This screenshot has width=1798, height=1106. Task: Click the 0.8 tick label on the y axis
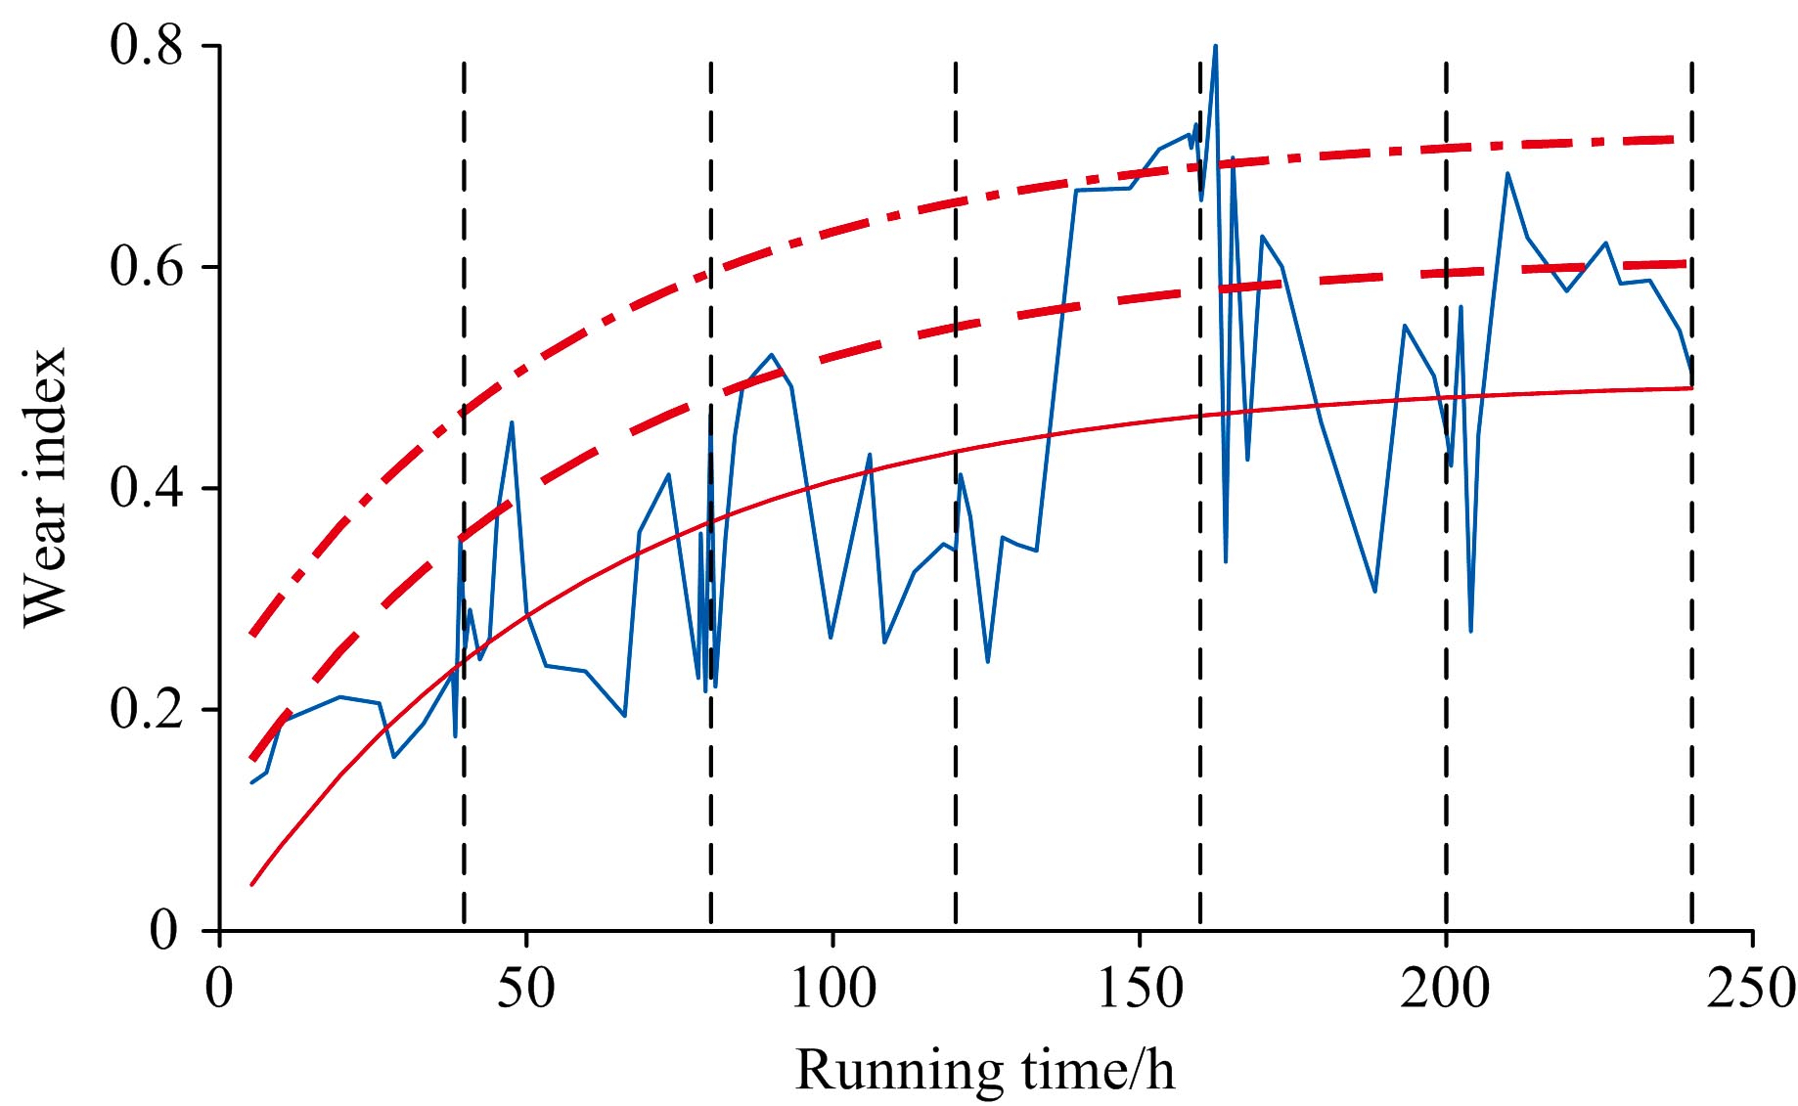(x=147, y=46)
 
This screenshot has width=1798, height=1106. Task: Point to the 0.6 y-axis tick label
(x=147, y=267)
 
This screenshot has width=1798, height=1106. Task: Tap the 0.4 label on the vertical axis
(x=147, y=488)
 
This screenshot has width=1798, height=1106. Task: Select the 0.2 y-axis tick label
(x=147, y=709)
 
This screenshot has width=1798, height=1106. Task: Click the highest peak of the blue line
(x=1215, y=45)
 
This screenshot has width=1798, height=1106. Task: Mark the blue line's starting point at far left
(x=251, y=782)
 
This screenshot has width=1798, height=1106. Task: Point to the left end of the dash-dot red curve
(x=251, y=635)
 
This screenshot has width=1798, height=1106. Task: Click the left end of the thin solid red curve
(x=251, y=885)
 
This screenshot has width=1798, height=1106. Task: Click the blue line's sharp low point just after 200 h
(x=1470, y=631)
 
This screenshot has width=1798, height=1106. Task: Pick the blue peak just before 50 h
(x=512, y=421)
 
